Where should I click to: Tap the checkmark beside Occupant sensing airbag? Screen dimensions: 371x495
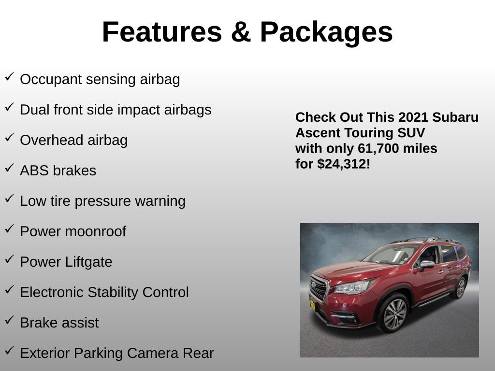pos(9,77)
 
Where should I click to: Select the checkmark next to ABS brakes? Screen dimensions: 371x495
pos(9,168)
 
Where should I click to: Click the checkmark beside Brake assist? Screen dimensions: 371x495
pos(9,320)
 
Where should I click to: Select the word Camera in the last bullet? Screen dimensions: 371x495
pos(154,353)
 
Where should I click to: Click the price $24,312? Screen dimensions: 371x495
pos(344,164)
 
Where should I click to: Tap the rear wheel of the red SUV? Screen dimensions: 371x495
pos(460,288)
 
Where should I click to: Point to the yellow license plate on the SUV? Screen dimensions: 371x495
pos(312,305)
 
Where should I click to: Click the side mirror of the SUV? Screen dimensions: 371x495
pos(426,264)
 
